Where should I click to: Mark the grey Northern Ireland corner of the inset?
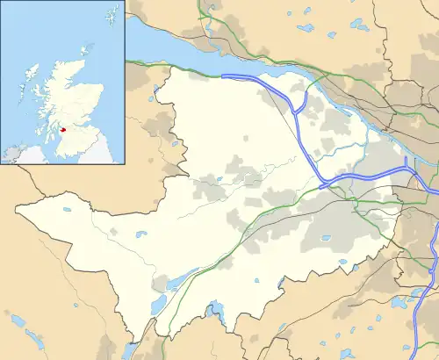point(13,156)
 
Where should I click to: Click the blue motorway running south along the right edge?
point(433,263)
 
